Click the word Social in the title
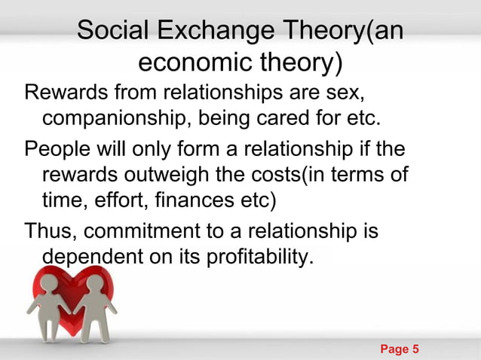[113, 32]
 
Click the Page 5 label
[400, 349]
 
